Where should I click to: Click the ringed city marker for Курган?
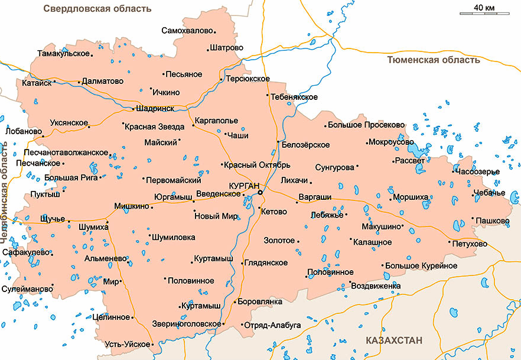260,192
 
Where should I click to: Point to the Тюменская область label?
434,60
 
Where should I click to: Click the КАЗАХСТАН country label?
394,340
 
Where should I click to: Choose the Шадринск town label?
155,109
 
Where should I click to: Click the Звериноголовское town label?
186,324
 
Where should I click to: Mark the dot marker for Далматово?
79,82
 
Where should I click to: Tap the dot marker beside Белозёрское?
278,142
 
